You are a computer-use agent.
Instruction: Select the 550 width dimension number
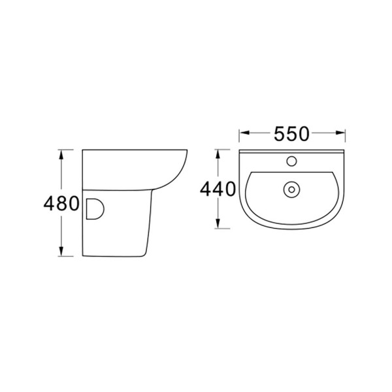coord(291,134)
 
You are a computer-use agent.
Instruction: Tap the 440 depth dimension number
coord(218,190)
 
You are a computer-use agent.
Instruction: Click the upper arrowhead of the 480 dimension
coord(61,154)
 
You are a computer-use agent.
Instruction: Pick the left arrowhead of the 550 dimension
coord(243,134)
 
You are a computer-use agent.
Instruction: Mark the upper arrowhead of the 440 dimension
coord(219,152)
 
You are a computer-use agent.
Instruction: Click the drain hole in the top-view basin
coord(291,189)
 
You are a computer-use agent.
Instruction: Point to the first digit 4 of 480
coord(48,204)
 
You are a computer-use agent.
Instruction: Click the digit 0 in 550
coord(302,134)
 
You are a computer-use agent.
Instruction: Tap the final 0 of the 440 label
coord(228,190)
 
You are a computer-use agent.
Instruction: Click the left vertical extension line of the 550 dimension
coord(239,139)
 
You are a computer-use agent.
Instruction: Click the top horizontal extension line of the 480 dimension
coord(69,150)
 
